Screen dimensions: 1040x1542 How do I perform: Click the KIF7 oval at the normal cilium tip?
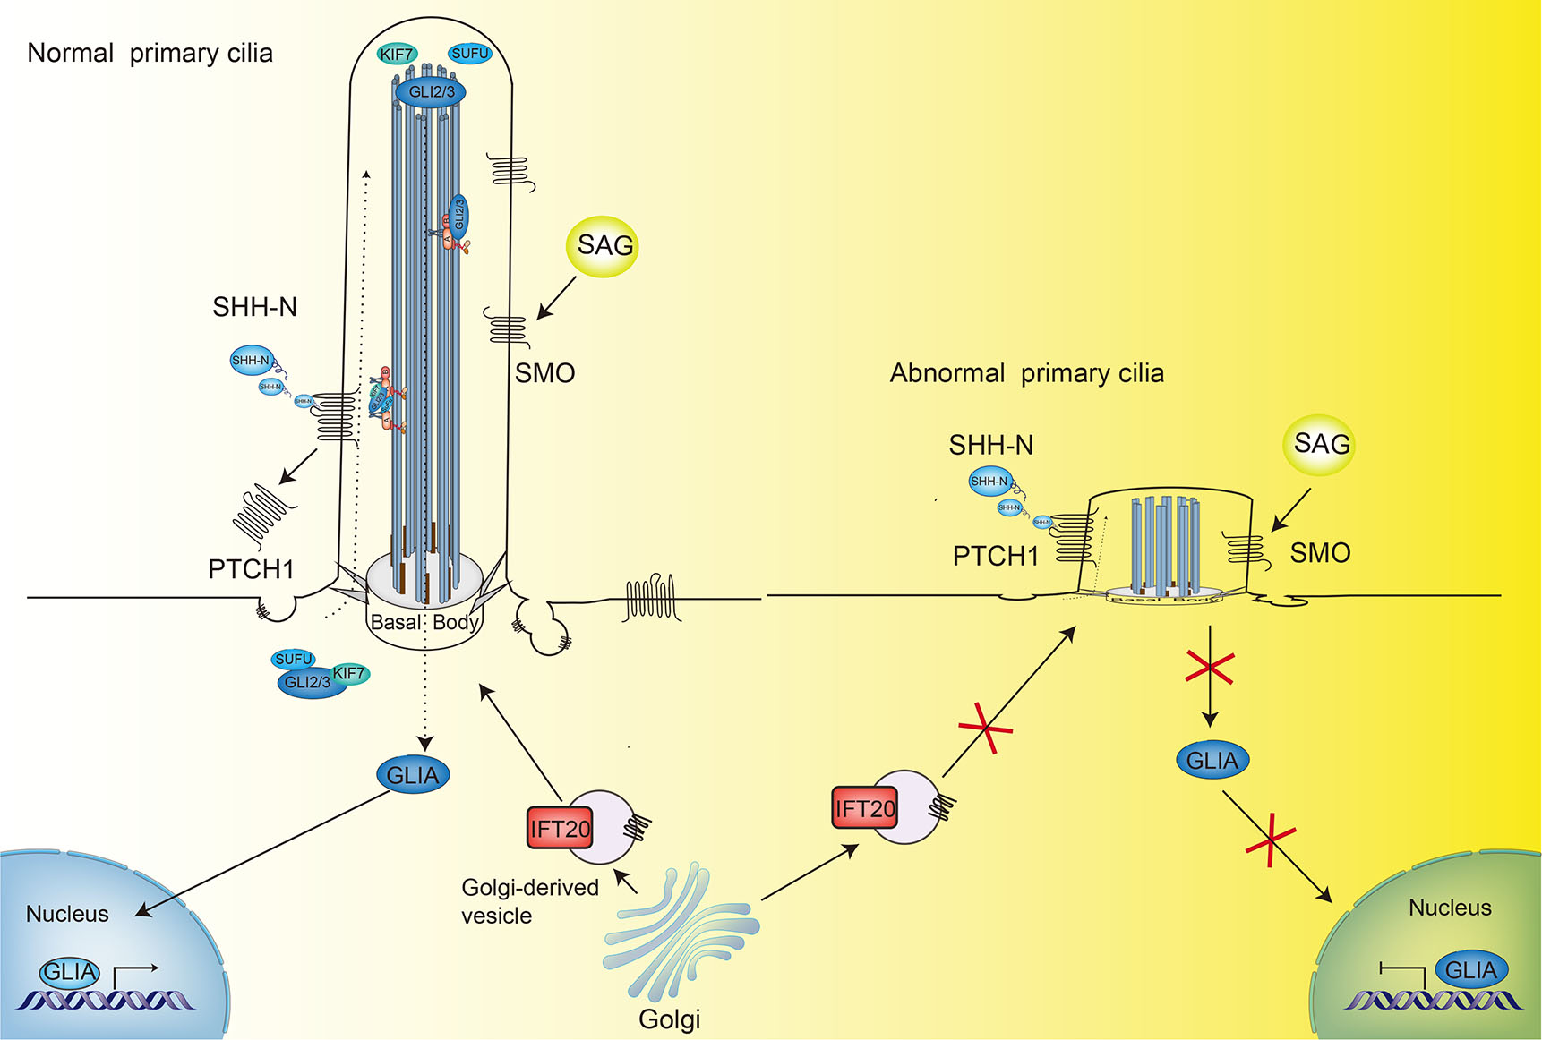tap(397, 55)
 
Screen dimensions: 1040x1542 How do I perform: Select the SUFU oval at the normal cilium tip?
tap(470, 54)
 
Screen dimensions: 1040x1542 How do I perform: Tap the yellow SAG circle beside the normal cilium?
tap(604, 246)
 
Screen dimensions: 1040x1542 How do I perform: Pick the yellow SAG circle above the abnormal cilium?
tap(1320, 444)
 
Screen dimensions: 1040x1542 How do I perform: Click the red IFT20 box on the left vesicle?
tap(560, 828)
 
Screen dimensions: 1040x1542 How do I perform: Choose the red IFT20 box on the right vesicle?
tap(864, 808)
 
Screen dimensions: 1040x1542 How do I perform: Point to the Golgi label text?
tap(669, 1019)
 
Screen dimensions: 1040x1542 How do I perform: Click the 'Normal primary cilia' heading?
tap(150, 54)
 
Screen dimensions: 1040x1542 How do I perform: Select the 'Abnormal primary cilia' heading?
tap(1026, 373)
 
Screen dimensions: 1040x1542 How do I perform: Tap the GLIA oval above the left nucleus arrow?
tap(413, 775)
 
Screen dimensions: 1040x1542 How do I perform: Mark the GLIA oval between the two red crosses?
tap(1212, 761)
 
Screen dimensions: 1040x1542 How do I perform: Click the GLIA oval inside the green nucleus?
tap(1470, 970)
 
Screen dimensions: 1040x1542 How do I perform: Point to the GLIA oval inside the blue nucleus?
tap(70, 972)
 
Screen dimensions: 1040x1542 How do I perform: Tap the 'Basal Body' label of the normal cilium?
tap(424, 622)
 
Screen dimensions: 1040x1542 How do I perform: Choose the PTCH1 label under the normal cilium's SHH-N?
tap(251, 569)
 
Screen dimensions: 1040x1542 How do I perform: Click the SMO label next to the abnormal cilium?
tap(1319, 553)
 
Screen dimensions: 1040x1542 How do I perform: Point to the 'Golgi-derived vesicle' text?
tap(529, 901)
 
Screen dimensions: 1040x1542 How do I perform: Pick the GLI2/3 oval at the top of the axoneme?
tap(432, 92)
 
